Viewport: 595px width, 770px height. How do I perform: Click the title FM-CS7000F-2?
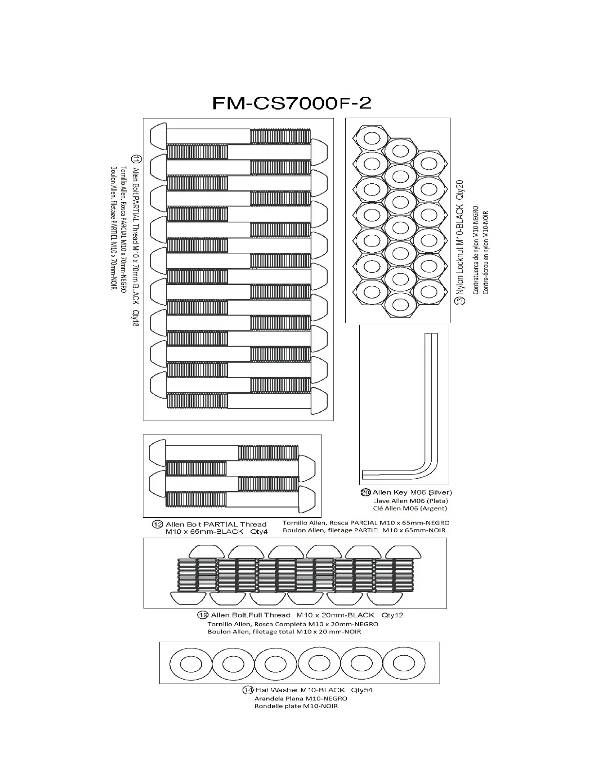pos(292,103)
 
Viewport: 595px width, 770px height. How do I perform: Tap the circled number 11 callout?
pos(136,159)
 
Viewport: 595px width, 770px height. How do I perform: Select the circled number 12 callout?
pos(157,525)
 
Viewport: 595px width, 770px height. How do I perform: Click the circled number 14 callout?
pos(248,690)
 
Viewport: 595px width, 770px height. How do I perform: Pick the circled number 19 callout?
pos(203,615)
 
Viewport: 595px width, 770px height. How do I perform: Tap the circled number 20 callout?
pos(366,492)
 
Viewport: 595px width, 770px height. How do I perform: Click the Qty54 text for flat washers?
pos(362,690)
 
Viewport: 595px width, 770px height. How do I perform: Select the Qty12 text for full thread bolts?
pos(392,615)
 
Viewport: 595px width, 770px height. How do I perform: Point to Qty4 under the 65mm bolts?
pos(259,532)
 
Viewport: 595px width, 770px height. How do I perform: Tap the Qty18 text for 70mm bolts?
pos(136,318)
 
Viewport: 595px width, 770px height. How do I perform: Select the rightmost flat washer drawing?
pos(404,663)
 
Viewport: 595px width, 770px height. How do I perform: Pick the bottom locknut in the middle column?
pos(400,305)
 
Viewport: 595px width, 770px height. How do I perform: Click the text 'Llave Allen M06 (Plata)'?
pos(410,501)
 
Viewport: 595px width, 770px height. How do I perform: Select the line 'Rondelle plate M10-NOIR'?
pos(296,706)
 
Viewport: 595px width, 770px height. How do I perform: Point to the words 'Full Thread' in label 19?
pos(270,615)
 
